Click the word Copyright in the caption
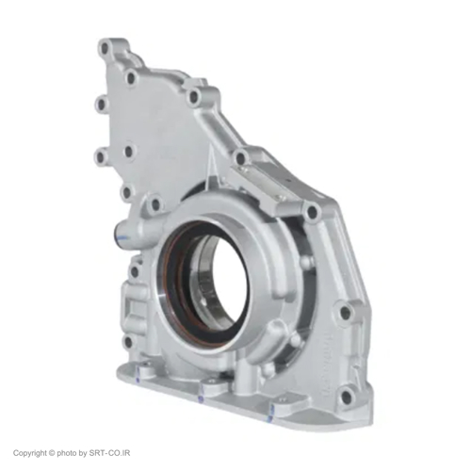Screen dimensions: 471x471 click(x=30, y=453)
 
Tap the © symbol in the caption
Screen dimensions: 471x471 click(x=52, y=453)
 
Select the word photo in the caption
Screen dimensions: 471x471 click(x=67, y=453)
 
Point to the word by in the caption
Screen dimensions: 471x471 click(x=82, y=453)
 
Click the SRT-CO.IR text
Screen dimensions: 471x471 click(x=109, y=453)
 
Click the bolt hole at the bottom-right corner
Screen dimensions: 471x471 click(x=347, y=392)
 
